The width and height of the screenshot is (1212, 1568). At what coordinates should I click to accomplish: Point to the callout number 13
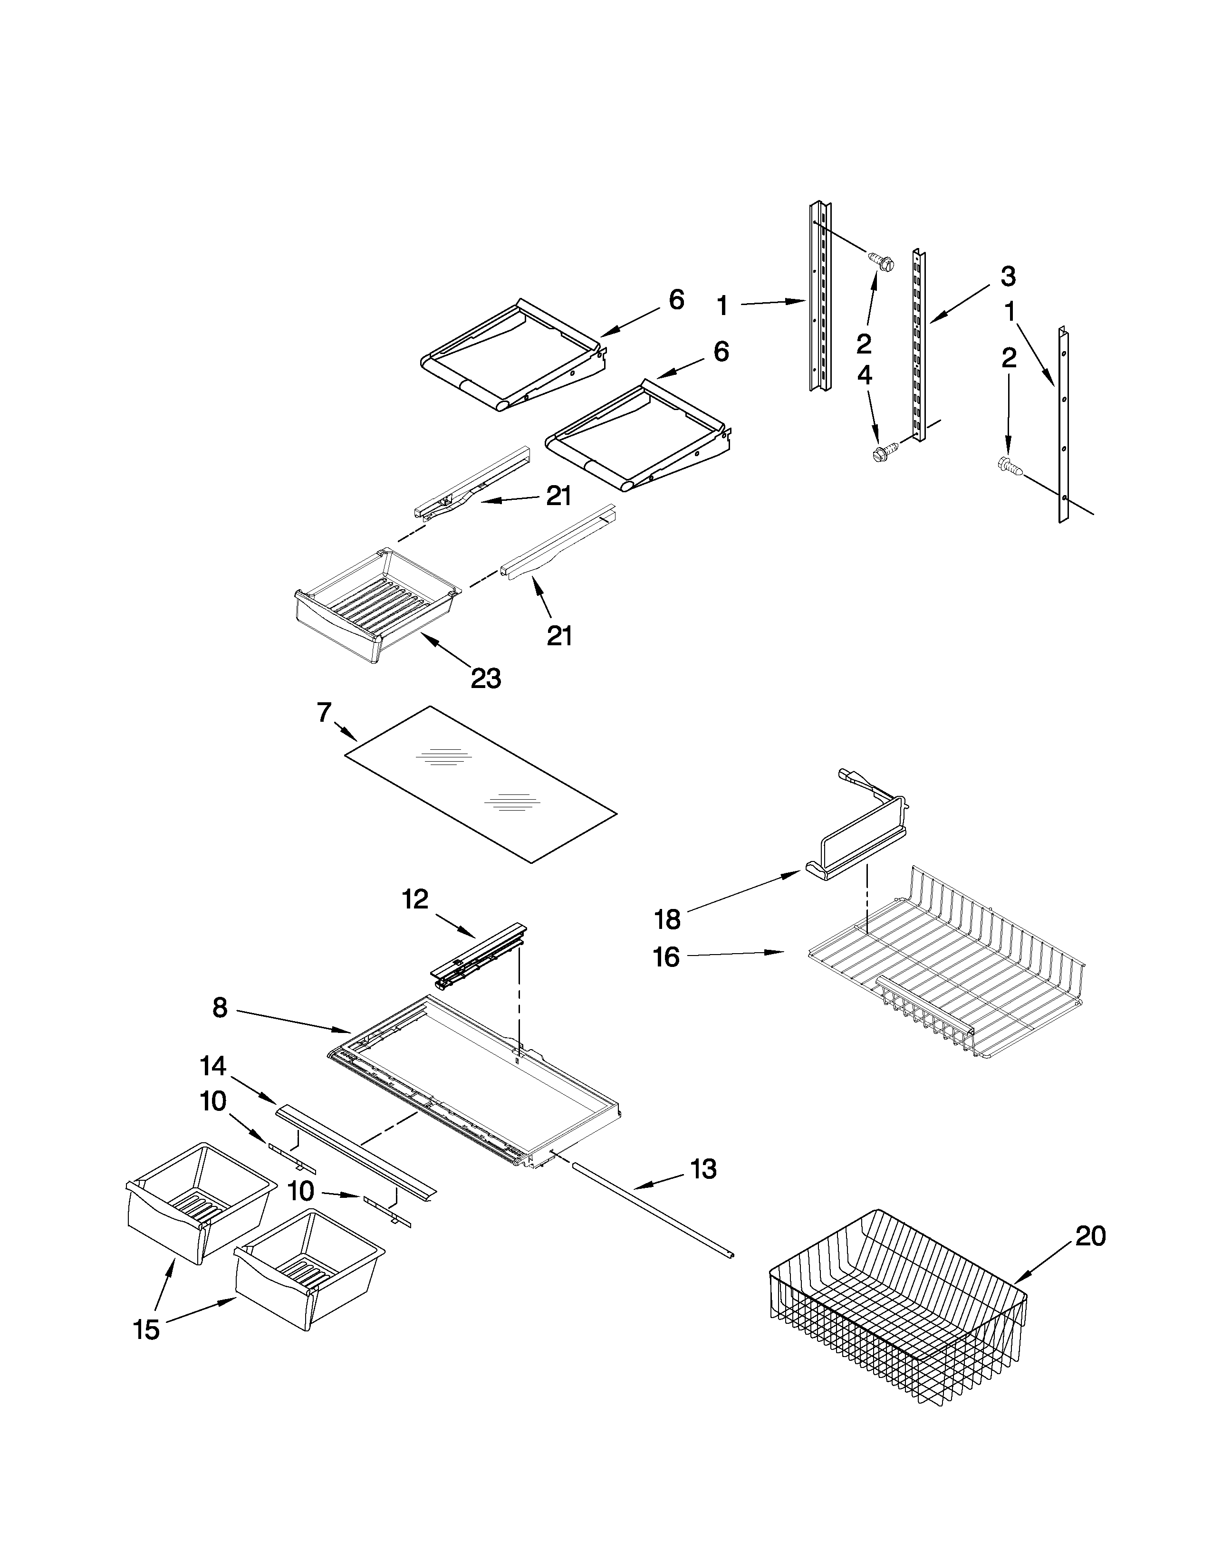[x=703, y=1169]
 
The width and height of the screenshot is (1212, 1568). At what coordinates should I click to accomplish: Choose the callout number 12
[x=415, y=899]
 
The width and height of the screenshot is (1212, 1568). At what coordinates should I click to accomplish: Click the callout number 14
[x=214, y=1066]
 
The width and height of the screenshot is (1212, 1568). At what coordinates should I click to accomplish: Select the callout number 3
[x=1007, y=276]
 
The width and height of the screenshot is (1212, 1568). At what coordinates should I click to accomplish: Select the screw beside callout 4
[x=880, y=454]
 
